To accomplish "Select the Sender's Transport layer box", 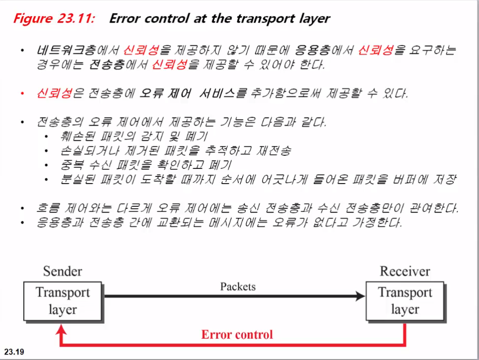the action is [x=63, y=301].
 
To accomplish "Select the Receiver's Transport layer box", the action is [x=405, y=301].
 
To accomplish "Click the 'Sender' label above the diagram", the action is [x=62, y=271].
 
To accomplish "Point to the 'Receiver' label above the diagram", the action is [x=404, y=271].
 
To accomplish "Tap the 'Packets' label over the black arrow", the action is [x=238, y=286].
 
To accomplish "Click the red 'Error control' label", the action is [x=237, y=334].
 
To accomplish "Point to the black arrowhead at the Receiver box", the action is [x=360, y=296].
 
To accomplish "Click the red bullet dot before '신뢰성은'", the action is [x=22, y=94].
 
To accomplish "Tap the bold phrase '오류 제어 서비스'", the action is [x=186, y=94].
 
